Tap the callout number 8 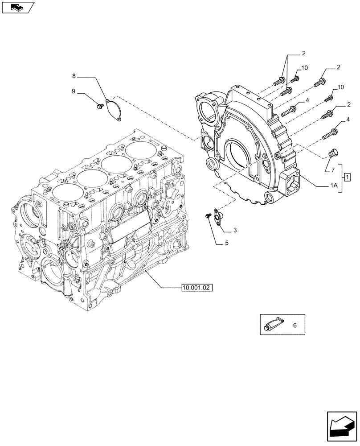74,76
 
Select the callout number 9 73,92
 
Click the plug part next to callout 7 332,153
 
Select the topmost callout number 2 303,54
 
